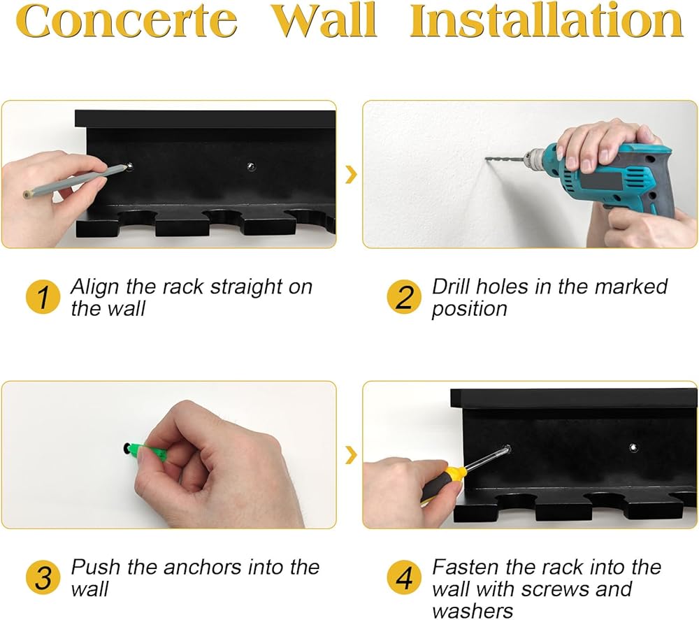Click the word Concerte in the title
[x=127, y=21]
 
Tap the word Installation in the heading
[x=547, y=20]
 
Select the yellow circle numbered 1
[x=43, y=297]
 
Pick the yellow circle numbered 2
[x=404, y=297]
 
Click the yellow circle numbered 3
[x=43, y=577]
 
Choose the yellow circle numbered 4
[x=404, y=577]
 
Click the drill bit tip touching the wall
[x=487, y=158]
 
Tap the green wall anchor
[x=146, y=451]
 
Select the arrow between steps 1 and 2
[x=352, y=175]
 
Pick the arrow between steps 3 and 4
[x=352, y=455]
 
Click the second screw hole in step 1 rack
[x=252, y=166]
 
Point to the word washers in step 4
[x=473, y=611]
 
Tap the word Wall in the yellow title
[x=324, y=20]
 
